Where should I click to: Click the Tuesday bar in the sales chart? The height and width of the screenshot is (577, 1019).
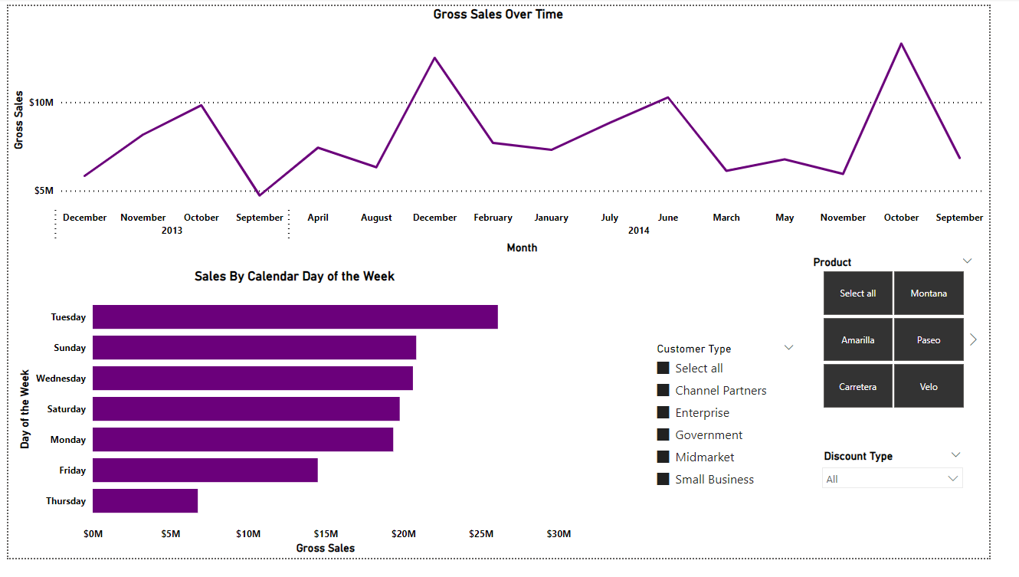point(295,317)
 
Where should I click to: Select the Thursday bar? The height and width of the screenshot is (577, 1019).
point(145,501)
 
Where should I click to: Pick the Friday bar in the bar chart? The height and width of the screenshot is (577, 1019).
point(205,470)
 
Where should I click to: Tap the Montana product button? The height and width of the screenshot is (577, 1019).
point(929,293)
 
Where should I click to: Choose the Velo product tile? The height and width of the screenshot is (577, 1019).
point(929,387)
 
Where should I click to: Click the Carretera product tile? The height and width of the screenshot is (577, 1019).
point(857,387)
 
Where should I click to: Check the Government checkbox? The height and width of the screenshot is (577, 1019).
point(663,435)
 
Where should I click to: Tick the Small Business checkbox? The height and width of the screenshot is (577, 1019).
point(663,480)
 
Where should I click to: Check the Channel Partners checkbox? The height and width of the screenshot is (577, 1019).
point(663,391)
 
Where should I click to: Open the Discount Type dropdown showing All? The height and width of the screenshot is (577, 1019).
point(892,479)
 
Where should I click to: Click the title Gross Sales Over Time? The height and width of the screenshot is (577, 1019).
point(498,15)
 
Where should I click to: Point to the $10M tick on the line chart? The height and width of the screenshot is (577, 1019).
point(41,103)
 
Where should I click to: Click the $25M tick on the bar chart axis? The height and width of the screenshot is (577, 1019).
point(480,534)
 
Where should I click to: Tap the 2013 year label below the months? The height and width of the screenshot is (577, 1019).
point(172,231)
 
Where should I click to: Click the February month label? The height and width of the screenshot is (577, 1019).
point(493,218)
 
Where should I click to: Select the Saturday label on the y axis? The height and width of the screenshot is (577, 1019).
point(67,409)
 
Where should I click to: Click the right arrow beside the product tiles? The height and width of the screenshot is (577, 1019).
point(973,339)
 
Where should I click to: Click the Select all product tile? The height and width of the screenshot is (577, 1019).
point(857,293)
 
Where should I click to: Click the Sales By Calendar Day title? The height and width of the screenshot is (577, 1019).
point(294,277)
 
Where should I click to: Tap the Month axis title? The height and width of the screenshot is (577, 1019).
point(522,248)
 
